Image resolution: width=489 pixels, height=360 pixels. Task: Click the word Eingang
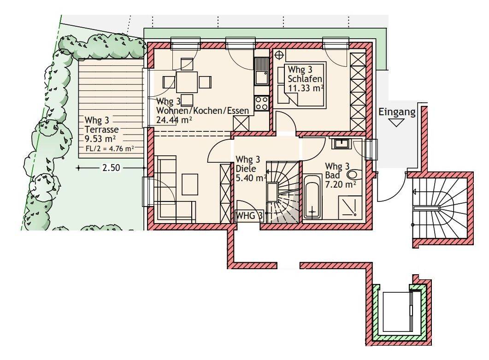[x=397, y=112]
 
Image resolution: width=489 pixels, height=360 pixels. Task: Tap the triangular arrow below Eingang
[x=397, y=123]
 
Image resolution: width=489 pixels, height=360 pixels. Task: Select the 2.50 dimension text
[x=111, y=168]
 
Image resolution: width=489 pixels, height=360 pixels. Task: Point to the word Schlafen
[x=305, y=79]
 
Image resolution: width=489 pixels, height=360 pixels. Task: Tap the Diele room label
[x=246, y=169]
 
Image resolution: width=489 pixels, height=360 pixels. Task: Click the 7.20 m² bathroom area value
[x=341, y=184]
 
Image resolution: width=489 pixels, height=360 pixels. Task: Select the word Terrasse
[x=102, y=129]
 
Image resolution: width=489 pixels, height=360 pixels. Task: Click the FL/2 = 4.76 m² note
[x=110, y=148]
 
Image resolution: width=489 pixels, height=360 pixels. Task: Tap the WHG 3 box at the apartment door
[x=249, y=216]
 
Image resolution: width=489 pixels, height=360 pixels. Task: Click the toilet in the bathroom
[x=355, y=175]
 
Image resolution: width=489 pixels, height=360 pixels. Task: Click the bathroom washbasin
[x=342, y=143]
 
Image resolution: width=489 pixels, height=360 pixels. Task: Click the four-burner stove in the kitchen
[x=262, y=103]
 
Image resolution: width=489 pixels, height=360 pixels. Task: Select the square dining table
[x=187, y=82]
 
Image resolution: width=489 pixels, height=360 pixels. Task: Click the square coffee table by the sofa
[x=190, y=184]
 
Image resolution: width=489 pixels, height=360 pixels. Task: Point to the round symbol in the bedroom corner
[x=279, y=55]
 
